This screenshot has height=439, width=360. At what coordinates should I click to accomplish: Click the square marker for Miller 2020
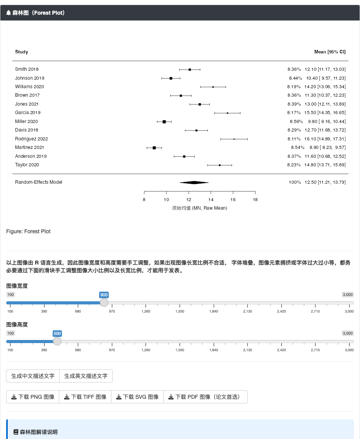[164, 122]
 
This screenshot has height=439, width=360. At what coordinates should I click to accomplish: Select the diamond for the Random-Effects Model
[194, 183]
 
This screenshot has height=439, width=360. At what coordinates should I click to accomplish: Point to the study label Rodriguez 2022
[31, 139]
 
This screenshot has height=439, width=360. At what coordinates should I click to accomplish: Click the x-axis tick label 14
[211, 200]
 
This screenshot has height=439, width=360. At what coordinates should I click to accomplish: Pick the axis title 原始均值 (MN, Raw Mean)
[199, 208]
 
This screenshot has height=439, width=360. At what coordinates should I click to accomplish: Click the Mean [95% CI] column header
[330, 52]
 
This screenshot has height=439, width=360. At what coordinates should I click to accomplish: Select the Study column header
[22, 52]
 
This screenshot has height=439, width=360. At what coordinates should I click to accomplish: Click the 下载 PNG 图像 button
[33, 397]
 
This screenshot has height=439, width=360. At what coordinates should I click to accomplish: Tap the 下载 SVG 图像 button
[137, 397]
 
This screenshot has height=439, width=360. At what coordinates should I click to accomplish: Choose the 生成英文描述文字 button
[86, 376]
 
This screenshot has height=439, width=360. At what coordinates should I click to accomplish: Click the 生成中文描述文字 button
[33, 376]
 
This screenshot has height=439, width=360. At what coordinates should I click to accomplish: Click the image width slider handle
[104, 302]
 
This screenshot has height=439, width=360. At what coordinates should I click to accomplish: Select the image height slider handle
[57, 341]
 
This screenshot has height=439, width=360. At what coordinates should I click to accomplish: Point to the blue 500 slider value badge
[57, 333]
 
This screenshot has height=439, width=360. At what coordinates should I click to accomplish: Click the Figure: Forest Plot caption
[28, 231]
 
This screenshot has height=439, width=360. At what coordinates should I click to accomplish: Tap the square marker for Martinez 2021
[154, 148]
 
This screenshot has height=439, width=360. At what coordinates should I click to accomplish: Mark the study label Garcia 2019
[28, 113]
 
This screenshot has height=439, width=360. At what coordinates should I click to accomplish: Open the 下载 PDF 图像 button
[205, 397]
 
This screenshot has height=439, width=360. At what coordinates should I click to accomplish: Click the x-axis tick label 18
[255, 200]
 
